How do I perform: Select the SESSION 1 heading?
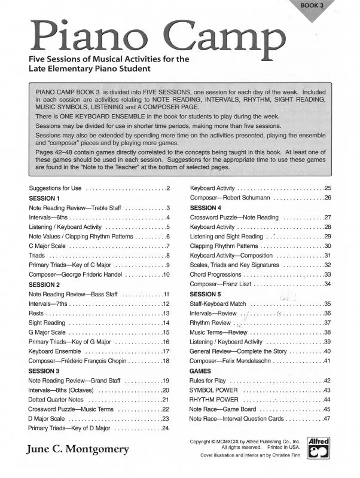click(x=44, y=198)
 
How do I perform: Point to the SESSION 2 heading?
click(x=44, y=284)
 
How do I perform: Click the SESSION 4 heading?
click(x=205, y=207)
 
